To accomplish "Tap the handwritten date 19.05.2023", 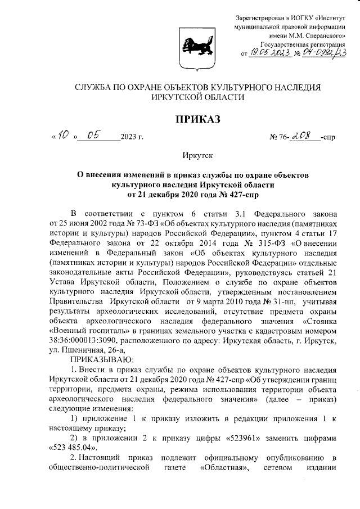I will (269, 53).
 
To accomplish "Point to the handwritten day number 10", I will (64, 136).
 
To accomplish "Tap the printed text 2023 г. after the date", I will (132, 137).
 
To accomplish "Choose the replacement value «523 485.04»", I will (72, 448).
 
